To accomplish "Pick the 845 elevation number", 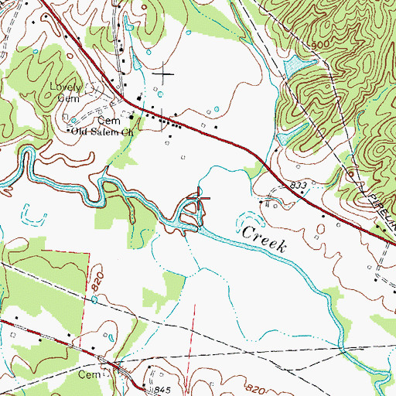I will tap(161, 387).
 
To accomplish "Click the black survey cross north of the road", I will tap(163, 75).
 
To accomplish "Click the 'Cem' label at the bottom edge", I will tap(90, 373).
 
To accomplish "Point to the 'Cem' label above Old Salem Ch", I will tap(104, 121).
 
